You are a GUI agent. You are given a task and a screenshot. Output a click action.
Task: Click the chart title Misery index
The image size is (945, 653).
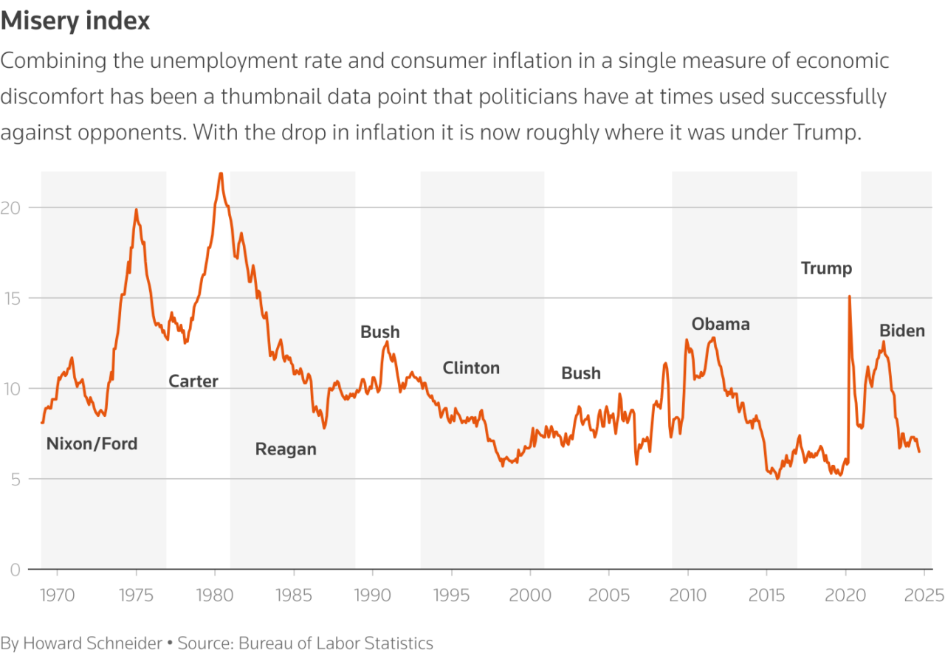pyautogui.click(x=75, y=21)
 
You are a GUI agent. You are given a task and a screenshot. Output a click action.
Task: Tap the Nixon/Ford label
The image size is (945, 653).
pyautogui.click(x=92, y=444)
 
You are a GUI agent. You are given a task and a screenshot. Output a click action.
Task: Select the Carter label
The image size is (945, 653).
pyautogui.click(x=193, y=381)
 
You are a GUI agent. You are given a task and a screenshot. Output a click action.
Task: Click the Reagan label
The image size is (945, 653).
pyautogui.click(x=286, y=449)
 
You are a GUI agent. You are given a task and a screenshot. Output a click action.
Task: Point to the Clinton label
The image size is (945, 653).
pyautogui.click(x=471, y=367)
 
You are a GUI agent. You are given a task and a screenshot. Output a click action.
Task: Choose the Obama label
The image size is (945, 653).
pyautogui.click(x=721, y=324)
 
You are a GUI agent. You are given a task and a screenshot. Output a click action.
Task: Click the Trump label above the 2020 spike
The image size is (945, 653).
pyautogui.click(x=826, y=269)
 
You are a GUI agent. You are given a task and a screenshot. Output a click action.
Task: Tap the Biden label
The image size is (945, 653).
pyautogui.click(x=901, y=331)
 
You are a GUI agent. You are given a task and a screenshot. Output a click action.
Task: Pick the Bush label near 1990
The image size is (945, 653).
pyautogui.click(x=380, y=332)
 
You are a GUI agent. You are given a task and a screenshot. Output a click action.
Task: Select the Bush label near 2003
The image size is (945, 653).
pyautogui.click(x=581, y=373)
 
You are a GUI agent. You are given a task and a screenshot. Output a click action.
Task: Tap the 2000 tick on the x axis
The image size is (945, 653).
pyautogui.click(x=530, y=595)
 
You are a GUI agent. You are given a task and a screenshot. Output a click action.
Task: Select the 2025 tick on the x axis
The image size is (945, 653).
pyautogui.click(x=924, y=595)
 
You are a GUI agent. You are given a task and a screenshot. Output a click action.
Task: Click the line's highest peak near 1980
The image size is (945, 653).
pyautogui.click(x=220, y=173)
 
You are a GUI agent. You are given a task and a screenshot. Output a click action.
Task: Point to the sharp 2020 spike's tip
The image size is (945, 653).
pyautogui.click(x=849, y=296)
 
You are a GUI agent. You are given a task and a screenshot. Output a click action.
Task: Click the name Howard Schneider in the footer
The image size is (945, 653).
pyautogui.click(x=92, y=643)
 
